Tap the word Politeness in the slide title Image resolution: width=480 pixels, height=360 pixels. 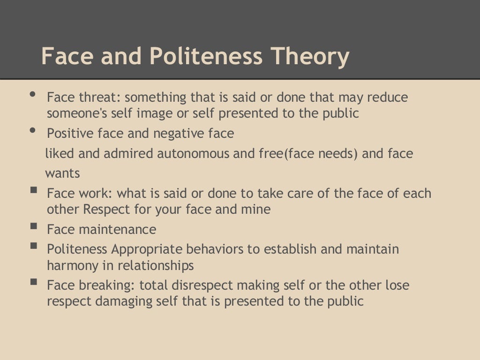(206, 57)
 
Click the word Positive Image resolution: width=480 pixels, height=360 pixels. (70, 134)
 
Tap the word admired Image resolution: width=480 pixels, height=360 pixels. (119, 154)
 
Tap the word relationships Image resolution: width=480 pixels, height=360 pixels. (156, 265)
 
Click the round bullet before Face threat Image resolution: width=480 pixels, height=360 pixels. (32, 94)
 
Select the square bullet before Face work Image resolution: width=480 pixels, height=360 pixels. (33, 190)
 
